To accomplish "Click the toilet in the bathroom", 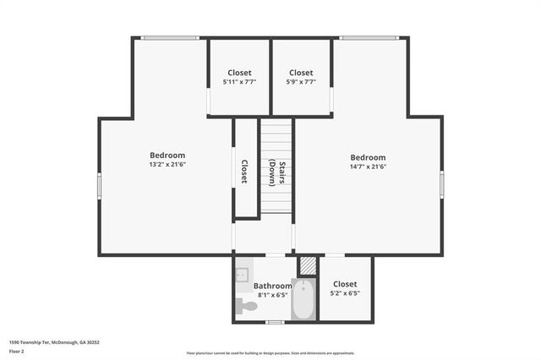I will pos(246,307).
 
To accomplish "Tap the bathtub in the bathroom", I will pos(303,300).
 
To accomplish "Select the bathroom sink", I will pos(242,273).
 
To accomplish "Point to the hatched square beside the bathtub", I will pos(307,266).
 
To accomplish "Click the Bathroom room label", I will pos(273,286).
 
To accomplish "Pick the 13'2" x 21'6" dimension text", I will pos(167,166).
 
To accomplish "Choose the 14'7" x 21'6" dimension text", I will pos(368,166).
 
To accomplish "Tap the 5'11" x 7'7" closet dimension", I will pos(239,83).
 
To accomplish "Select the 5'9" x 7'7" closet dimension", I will pos(301,83).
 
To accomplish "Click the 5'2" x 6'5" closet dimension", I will pos(345,294).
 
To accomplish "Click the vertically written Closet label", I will pos(244,172).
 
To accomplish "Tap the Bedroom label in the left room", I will pos(167,155).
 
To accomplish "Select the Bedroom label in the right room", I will pos(368,157).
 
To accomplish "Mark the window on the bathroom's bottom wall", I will pos(274,322).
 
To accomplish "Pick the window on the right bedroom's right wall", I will pos(441,184).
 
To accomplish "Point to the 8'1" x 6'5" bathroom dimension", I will pos(273,296).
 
